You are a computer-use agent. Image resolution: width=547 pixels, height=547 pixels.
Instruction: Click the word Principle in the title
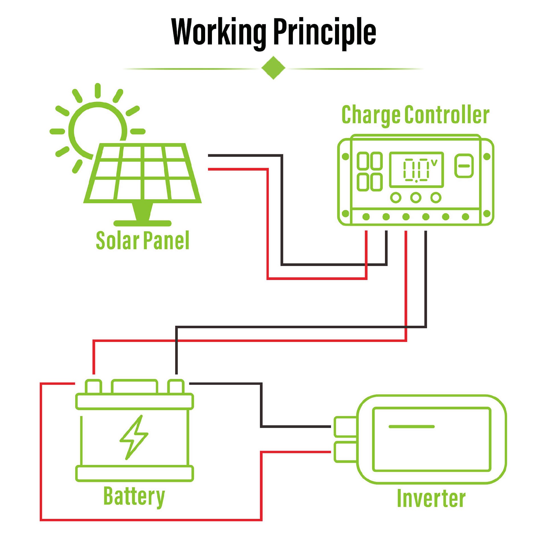tap(324, 32)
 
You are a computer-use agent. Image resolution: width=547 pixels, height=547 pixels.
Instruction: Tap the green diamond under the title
tap(273, 68)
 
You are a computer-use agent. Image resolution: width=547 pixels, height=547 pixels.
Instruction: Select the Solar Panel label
tap(142, 240)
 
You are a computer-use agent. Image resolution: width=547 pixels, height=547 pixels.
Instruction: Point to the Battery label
tap(134, 496)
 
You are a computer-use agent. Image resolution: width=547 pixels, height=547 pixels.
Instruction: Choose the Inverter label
tap(431, 498)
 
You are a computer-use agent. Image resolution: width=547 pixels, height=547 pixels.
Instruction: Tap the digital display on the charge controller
tap(416, 170)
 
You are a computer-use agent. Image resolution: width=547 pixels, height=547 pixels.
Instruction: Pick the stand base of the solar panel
tap(142, 223)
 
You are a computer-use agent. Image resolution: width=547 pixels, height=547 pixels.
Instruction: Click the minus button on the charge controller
tap(464, 166)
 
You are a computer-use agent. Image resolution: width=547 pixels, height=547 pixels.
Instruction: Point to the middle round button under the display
tap(416, 197)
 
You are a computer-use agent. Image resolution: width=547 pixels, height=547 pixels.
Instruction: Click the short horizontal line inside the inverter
tap(411, 426)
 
